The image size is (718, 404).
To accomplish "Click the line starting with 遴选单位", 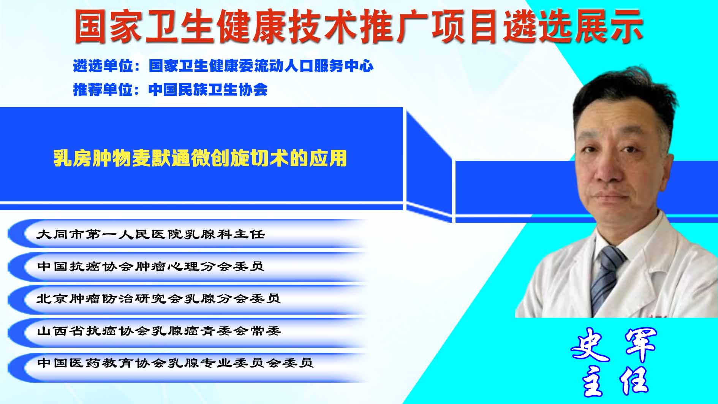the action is (x=223, y=66).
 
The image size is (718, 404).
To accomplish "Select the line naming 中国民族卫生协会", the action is (x=170, y=90).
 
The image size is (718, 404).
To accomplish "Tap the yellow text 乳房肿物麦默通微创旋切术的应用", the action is (x=200, y=158).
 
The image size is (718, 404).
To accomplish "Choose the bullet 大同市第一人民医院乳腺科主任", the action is (x=151, y=234).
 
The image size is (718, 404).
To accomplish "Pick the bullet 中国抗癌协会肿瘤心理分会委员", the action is (x=151, y=266).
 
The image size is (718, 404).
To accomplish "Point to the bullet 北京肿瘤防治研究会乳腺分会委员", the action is (x=159, y=298).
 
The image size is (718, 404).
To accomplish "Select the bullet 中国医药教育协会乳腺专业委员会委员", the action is (x=175, y=363).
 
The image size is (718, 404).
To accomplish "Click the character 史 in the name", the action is (x=590, y=344).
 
